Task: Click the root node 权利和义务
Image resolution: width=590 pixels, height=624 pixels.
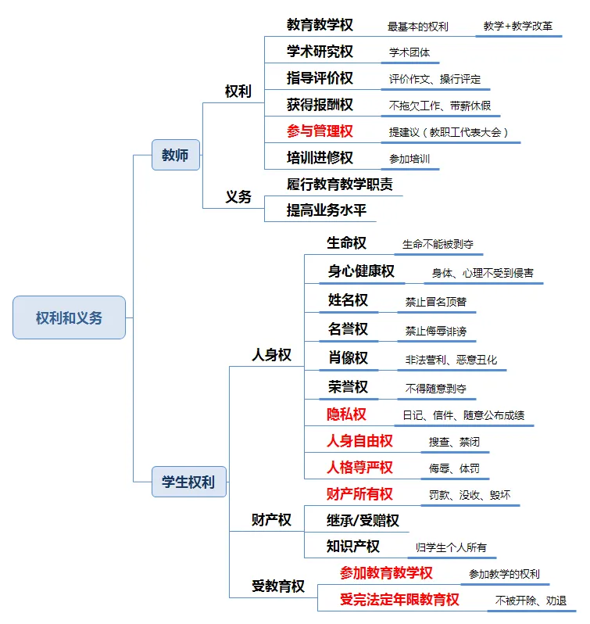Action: (x=69, y=317)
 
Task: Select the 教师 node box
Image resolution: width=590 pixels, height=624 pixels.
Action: (x=175, y=155)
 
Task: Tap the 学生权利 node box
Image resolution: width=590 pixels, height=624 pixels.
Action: (x=188, y=482)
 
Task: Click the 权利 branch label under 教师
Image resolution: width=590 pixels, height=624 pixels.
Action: (x=238, y=91)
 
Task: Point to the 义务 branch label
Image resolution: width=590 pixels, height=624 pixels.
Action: (x=238, y=197)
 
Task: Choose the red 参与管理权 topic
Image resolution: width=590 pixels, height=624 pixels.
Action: (x=320, y=131)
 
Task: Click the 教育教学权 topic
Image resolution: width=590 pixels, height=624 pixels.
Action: (x=320, y=25)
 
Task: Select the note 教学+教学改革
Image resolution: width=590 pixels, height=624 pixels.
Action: (x=518, y=26)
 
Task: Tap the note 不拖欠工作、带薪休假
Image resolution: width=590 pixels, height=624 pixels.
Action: (x=440, y=106)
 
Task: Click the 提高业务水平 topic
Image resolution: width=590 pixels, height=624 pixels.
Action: (x=326, y=210)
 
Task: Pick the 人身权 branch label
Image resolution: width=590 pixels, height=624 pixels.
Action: (x=271, y=355)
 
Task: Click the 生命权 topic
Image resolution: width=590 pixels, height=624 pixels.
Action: (x=346, y=243)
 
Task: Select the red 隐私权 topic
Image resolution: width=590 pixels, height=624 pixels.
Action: (x=346, y=414)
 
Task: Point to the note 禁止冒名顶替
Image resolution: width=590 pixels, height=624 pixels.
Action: (x=435, y=302)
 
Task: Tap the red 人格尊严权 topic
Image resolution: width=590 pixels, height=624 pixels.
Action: (x=359, y=468)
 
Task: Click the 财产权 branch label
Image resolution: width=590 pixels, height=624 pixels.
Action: (x=271, y=520)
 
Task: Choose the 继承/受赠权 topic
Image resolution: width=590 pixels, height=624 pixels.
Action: (x=363, y=520)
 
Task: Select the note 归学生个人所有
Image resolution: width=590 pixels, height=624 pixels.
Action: (x=452, y=547)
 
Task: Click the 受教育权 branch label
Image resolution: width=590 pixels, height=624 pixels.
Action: (x=277, y=586)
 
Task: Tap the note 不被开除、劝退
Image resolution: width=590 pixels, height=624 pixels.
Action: (x=531, y=601)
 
